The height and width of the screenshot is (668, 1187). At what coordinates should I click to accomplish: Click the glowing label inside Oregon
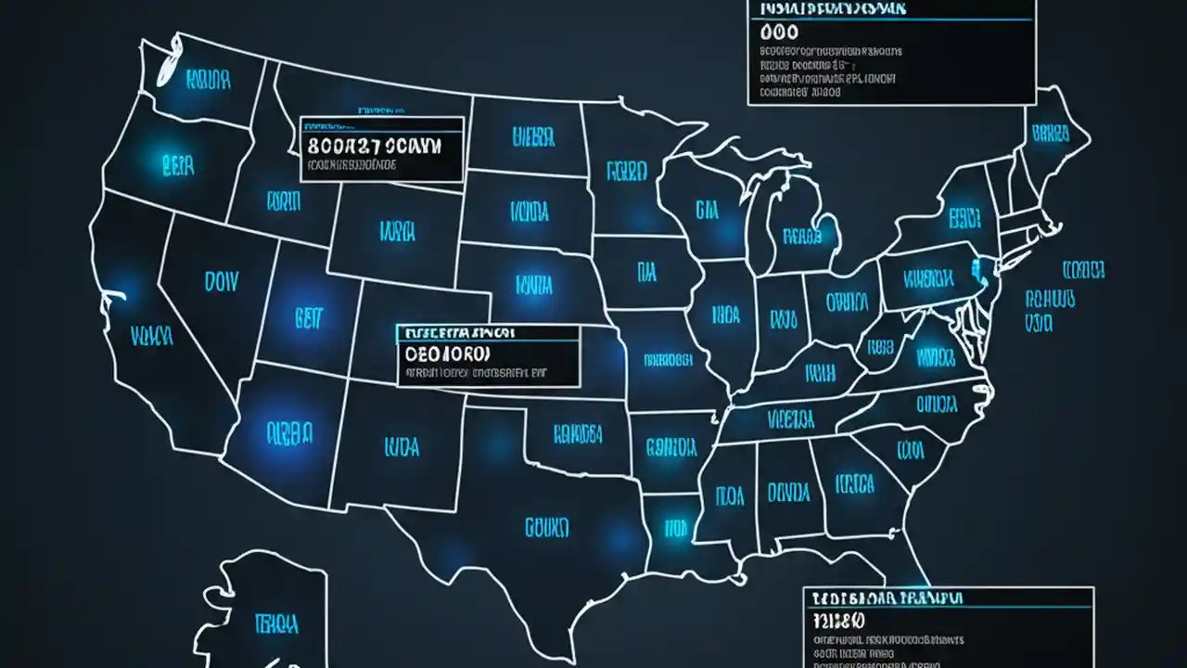point(177,166)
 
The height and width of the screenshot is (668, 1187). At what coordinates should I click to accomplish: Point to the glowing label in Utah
point(307,318)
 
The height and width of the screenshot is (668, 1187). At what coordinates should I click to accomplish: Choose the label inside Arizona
point(289,431)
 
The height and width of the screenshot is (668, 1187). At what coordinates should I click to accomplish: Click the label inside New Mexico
point(400,448)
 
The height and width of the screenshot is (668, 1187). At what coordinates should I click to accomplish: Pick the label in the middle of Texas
point(546,528)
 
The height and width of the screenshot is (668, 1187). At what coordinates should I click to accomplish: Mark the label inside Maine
point(1050,133)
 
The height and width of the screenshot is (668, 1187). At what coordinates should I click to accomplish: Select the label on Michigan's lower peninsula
point(802,236)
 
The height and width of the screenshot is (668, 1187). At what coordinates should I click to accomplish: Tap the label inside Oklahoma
point(578,433)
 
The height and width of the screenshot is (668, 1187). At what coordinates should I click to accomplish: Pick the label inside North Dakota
point(533,138)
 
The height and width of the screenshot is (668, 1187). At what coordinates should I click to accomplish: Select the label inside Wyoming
point(397,229)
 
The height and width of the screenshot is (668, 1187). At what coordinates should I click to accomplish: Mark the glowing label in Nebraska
point(533,282)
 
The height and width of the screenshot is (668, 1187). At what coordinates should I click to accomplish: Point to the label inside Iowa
point(646,272)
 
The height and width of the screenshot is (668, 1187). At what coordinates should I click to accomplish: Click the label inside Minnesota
point(626,172)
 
